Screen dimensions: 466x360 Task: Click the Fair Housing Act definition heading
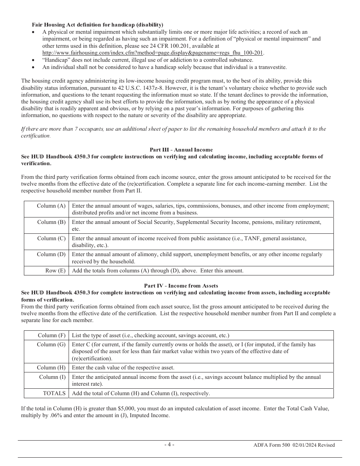tap(97, 25)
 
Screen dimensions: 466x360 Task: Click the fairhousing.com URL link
tap(153, 53)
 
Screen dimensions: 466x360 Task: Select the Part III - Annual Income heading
tap(181, 150)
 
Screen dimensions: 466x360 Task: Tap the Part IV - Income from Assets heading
tap(181, 286)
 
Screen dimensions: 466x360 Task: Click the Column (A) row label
tap(51, 206)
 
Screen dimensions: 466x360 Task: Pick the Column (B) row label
tap(51, 222)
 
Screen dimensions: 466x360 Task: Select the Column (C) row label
tap(51, 239)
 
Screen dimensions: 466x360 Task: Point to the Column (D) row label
tap(51, 255)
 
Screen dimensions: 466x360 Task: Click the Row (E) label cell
tap(55, 271)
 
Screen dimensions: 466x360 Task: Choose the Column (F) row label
tap(52, 335)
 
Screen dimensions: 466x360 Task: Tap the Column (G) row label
tap(51, 345)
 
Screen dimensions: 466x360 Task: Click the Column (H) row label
tap(51, 367)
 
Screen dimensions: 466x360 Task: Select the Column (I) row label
tap(52, 377)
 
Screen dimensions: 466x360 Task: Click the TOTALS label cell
tap(54, 393)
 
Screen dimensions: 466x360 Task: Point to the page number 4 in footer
tap(169, 444)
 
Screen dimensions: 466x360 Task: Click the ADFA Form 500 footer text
tap(294, 445)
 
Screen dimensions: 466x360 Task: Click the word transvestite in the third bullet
tap(272, 67)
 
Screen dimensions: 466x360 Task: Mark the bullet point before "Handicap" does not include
tap(34, 60)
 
